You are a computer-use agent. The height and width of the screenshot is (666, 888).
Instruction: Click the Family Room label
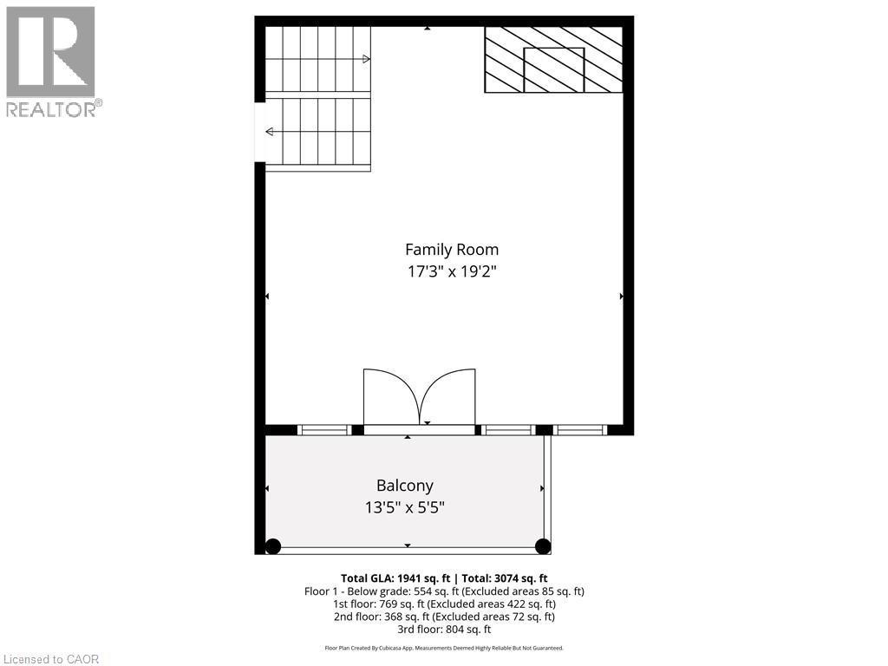click(x=453, y=250)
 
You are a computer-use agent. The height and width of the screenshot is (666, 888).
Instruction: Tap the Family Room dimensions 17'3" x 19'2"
click(x=453, y=271)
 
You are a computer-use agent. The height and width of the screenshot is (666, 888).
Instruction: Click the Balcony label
click(x=404, y=486)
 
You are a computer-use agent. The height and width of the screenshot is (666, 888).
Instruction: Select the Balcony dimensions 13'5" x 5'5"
click(x=404, y=507)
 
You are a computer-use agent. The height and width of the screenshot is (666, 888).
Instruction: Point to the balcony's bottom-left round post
click(x=273, y=546)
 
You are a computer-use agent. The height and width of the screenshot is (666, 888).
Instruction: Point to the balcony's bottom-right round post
click(x=543, y=546)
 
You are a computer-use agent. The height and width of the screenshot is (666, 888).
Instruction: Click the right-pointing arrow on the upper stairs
click(x=366, y=59)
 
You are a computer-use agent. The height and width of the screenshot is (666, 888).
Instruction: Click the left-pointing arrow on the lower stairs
click(x=270, y=132)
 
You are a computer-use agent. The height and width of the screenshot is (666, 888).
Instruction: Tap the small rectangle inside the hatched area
click(x=554, y=69)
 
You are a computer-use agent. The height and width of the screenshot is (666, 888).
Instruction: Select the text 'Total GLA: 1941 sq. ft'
click(x=398, y=578)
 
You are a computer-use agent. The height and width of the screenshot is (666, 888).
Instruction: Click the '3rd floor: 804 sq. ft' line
click(x=443, y=630)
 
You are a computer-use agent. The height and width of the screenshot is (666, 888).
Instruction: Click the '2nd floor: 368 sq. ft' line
click(x=443, y=617)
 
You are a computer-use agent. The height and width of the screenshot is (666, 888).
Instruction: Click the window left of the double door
click(x=324, y=429)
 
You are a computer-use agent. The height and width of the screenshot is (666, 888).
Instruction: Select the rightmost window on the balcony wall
click(x=580, y=429)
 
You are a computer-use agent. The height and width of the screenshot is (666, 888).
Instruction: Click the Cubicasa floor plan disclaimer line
click(x=443, y=648)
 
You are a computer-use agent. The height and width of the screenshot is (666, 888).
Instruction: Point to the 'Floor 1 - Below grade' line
click(x=443, y=591)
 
